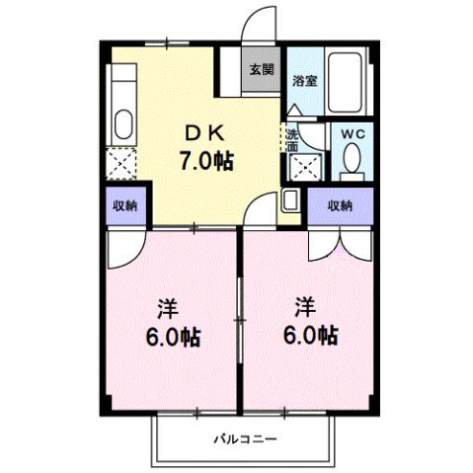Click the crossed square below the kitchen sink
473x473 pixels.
(122, 161)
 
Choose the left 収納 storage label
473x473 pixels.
(123, 205)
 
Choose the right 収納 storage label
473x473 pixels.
(340, 205)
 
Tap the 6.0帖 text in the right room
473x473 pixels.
(311, 335)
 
